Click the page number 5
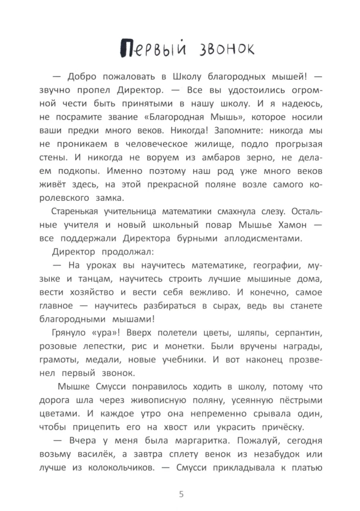180,493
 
